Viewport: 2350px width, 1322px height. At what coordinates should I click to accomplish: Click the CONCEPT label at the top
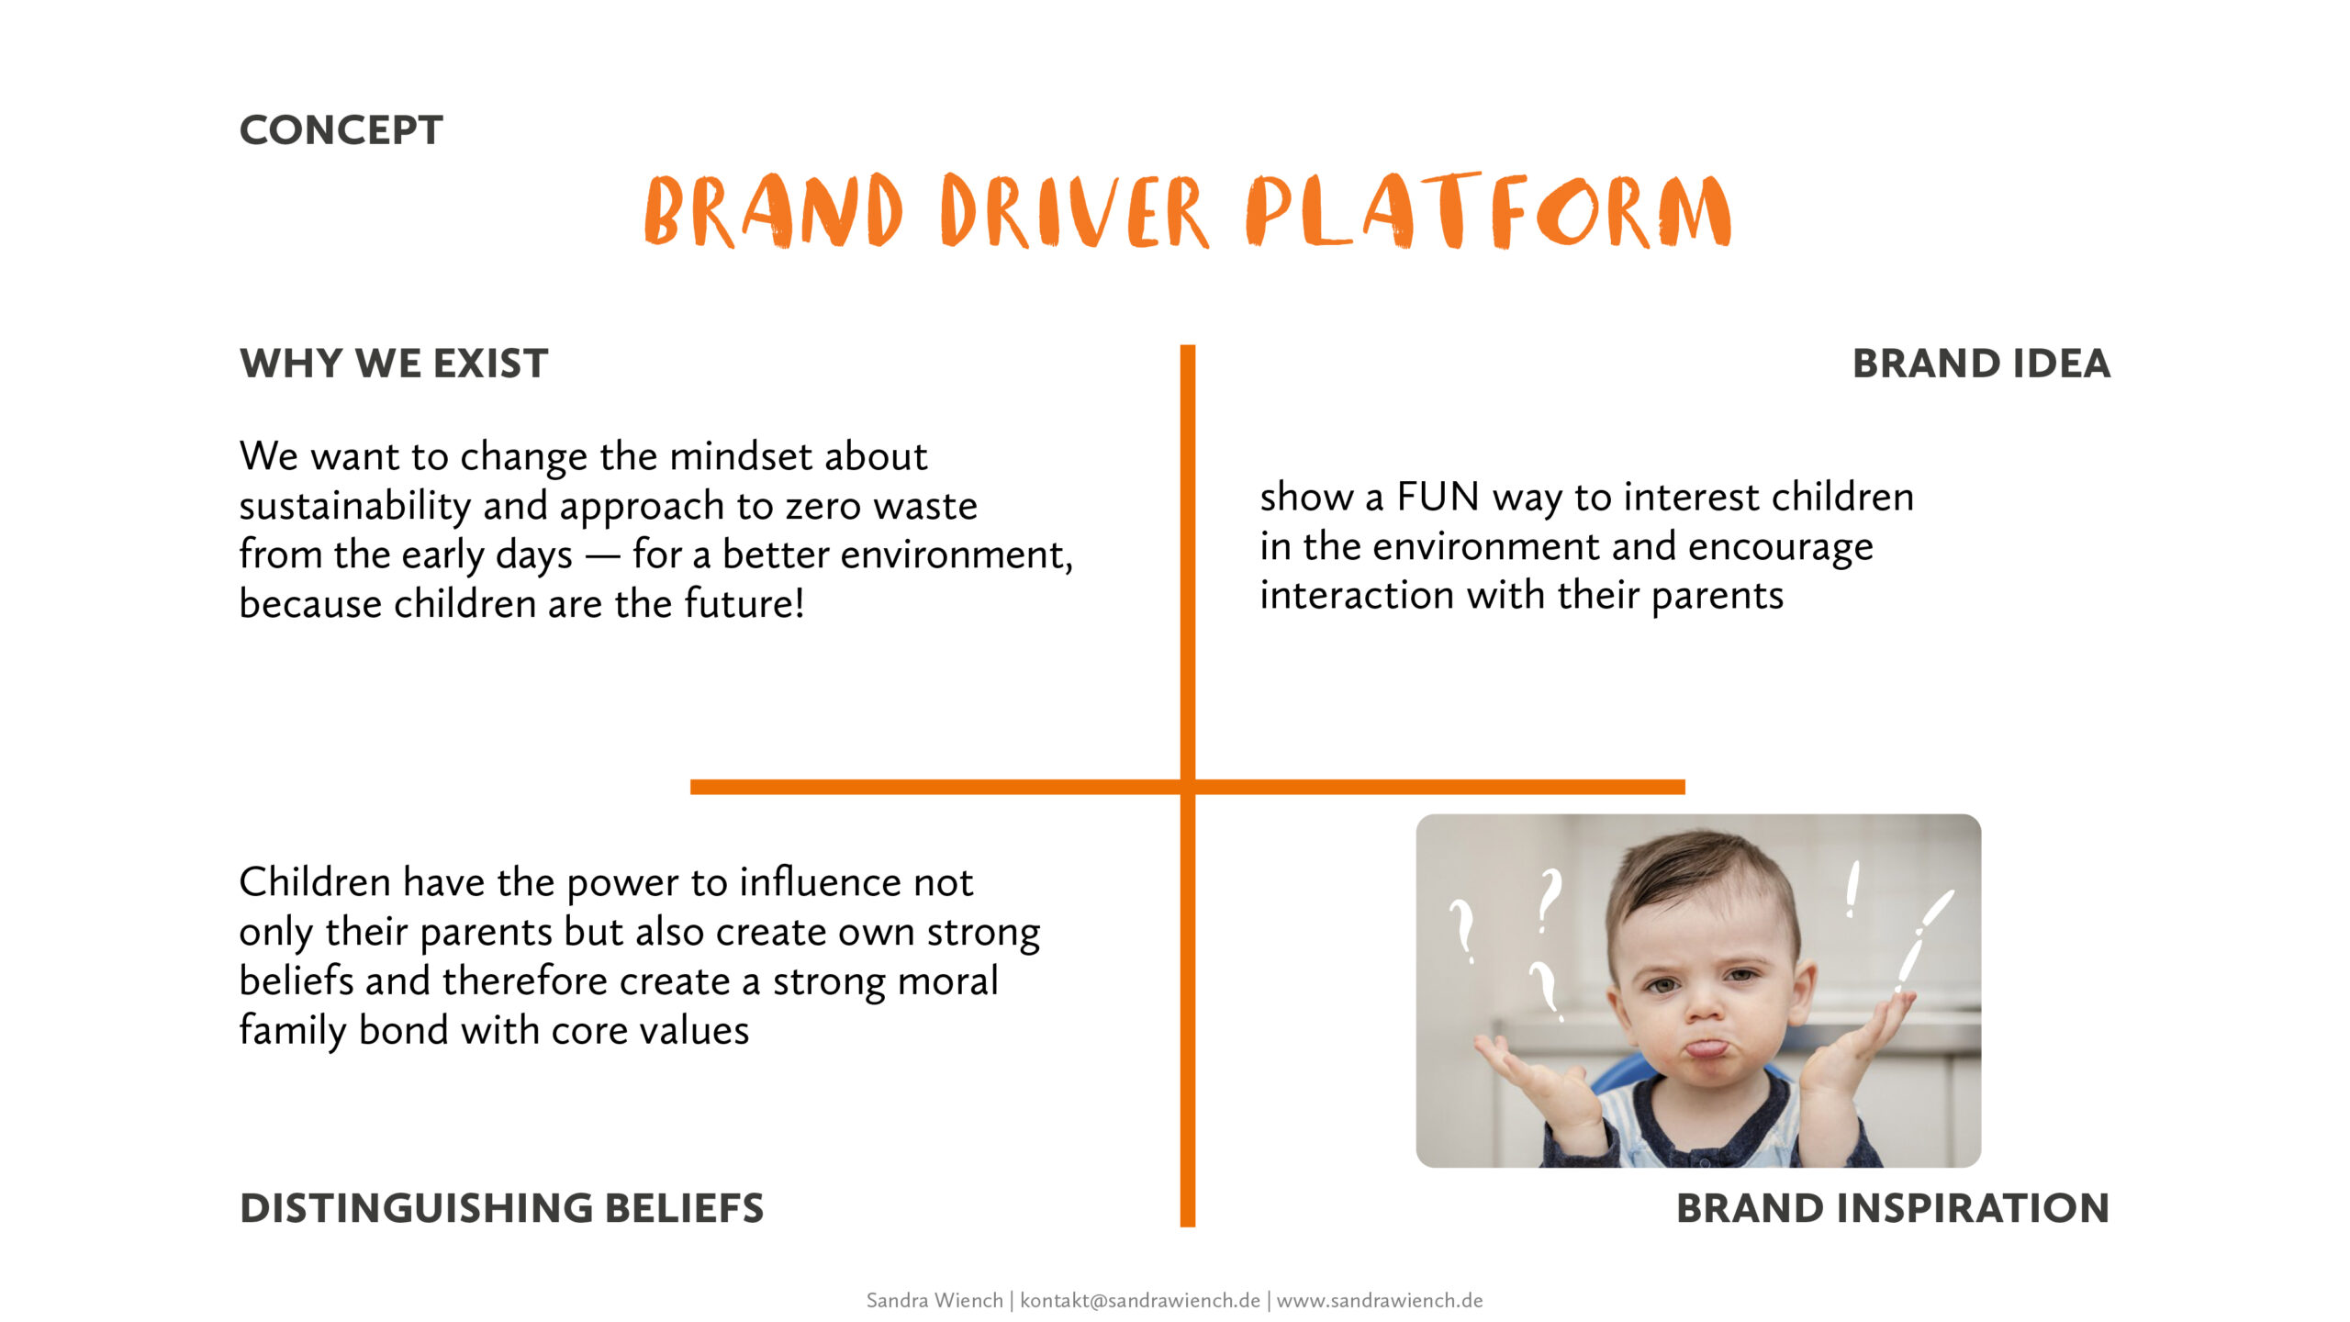coord(341,130)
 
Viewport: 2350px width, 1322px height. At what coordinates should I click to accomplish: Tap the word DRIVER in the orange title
coord(1074,211)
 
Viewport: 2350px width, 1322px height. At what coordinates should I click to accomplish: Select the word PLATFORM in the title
coord(1488,210)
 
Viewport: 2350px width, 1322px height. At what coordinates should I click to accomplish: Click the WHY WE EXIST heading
coord(394,364)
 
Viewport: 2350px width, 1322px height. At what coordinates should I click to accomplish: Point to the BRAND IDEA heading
coord(1981,364)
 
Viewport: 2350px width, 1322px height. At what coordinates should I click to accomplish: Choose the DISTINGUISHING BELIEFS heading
coord(501,1208)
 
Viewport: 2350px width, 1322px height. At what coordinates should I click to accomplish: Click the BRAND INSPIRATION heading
coord(1893,1208)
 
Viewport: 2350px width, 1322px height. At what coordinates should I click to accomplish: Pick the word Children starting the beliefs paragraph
coord(315,882)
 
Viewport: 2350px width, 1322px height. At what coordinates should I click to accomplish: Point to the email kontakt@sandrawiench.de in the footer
coord(1140,1301)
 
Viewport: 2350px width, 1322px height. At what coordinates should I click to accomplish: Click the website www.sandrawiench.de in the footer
coord(1380,1301)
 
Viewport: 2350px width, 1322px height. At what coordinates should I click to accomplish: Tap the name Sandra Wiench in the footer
coord(934,1301)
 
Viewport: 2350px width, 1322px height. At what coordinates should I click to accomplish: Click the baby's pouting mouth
coord(1707,1048)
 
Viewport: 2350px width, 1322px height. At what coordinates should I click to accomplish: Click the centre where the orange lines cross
coord(1188,787)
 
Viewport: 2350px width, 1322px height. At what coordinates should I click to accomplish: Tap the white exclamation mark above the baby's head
coord(1853,889)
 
